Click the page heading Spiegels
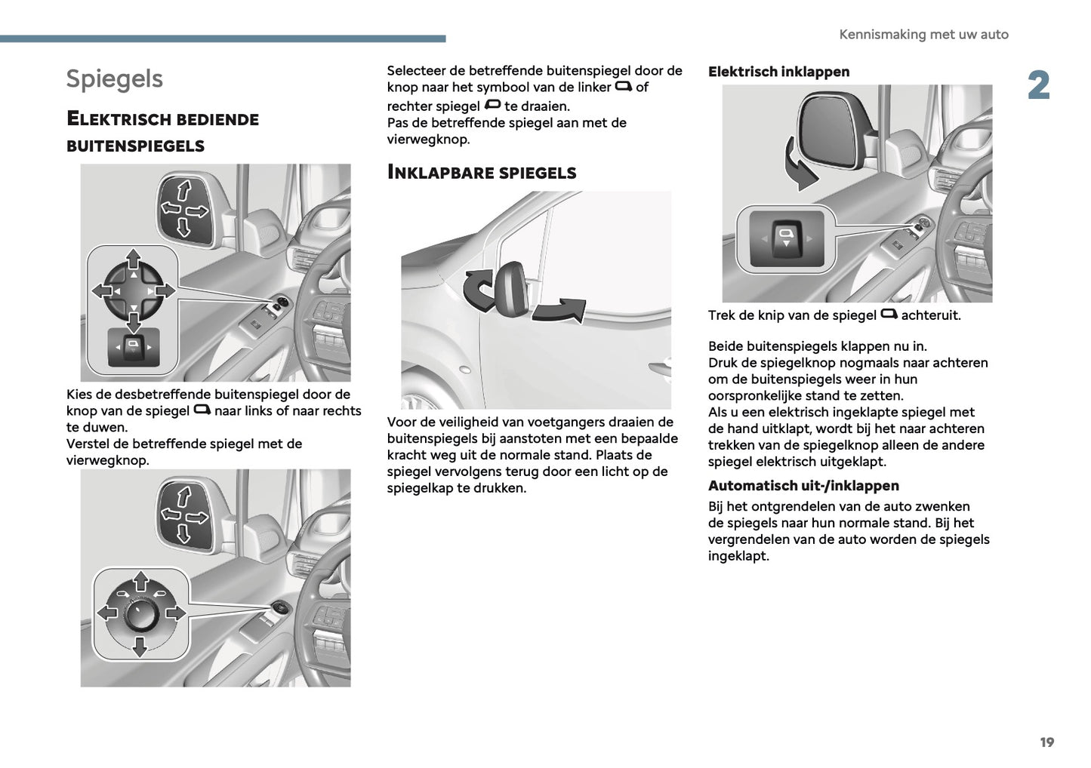[114, 78]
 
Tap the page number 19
[1046, 742]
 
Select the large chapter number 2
[1038, 86]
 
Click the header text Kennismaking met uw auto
[923, 35]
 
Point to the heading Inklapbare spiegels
[481, 173]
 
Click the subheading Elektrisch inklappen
[778, 72]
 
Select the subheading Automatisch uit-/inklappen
[803, 486]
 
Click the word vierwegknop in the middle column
[427, 140]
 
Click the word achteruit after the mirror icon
[930, 315]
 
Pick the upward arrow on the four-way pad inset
[133, 260]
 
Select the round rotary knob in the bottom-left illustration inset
[140, 614]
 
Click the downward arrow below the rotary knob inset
[140, 646]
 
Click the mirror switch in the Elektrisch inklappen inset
[786, 238]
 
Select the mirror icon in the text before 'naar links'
[202, 410]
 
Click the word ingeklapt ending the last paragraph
[738, 557]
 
